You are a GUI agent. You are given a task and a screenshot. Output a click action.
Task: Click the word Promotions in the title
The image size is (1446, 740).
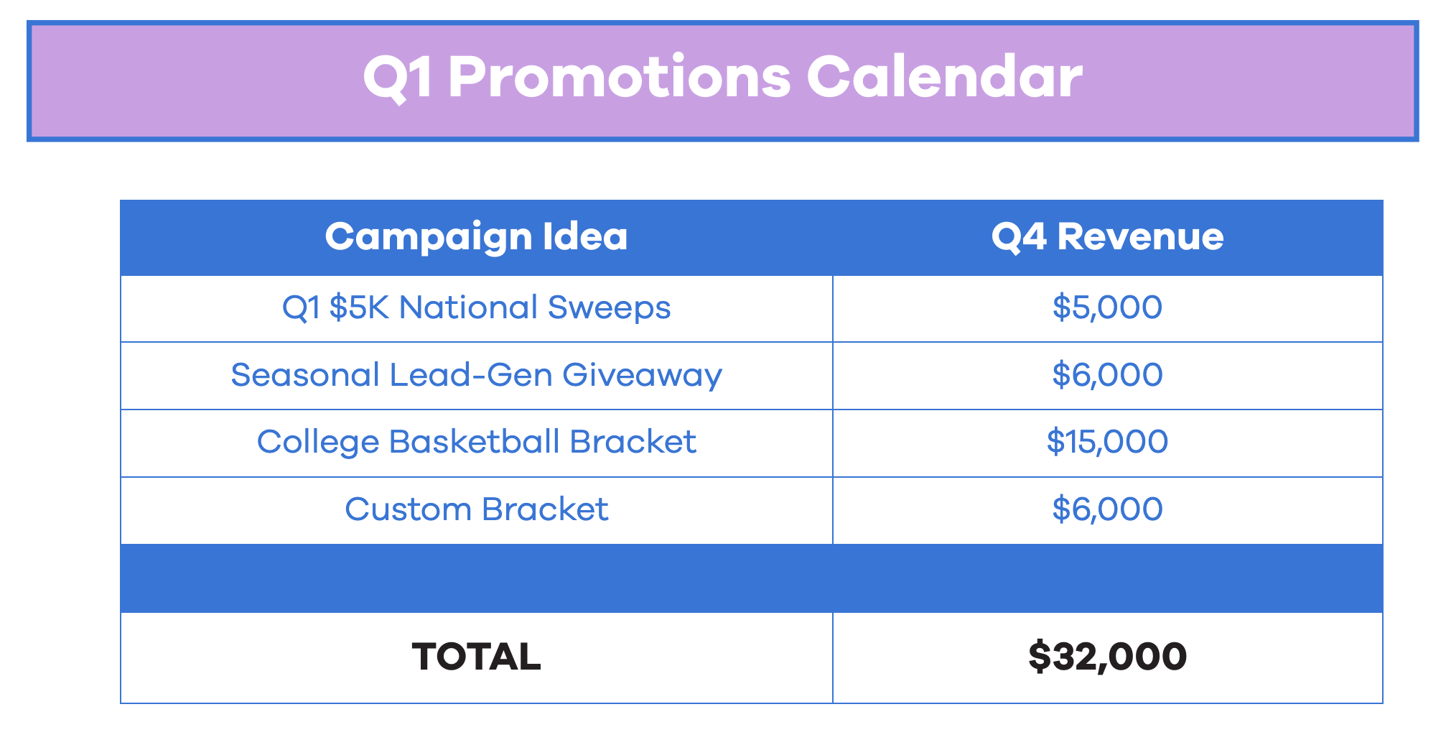point(620,77)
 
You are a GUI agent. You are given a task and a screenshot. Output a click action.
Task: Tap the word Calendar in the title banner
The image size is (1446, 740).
point(944,77)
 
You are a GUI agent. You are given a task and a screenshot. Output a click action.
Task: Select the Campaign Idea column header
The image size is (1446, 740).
point(476,237)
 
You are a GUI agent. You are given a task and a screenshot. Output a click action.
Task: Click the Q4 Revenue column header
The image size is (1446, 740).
point(1107,237)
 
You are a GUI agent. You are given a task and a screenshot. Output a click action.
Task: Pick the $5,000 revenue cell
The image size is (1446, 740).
point(1107,307)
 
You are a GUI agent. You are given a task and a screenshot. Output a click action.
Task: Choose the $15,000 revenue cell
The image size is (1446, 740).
point(1107,441)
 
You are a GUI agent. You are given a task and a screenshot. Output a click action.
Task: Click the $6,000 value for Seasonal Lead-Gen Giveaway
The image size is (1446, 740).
point(1107,375)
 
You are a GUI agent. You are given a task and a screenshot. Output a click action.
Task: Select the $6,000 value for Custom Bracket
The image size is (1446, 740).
point(1107,509)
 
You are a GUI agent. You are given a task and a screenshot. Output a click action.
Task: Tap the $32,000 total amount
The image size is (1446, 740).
point(1107,657)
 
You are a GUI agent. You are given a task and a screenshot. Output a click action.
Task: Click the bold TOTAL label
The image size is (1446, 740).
point(476,657)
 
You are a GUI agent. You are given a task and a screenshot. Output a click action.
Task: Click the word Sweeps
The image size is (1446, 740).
point(609,308)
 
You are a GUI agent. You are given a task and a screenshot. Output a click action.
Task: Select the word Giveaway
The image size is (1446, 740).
point(642,376)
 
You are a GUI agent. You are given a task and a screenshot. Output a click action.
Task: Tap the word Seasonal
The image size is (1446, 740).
point(305,375)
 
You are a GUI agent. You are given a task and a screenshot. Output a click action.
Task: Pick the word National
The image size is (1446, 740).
point(468,307)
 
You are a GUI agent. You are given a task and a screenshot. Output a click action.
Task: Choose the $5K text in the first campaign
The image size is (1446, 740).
point(359,307)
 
